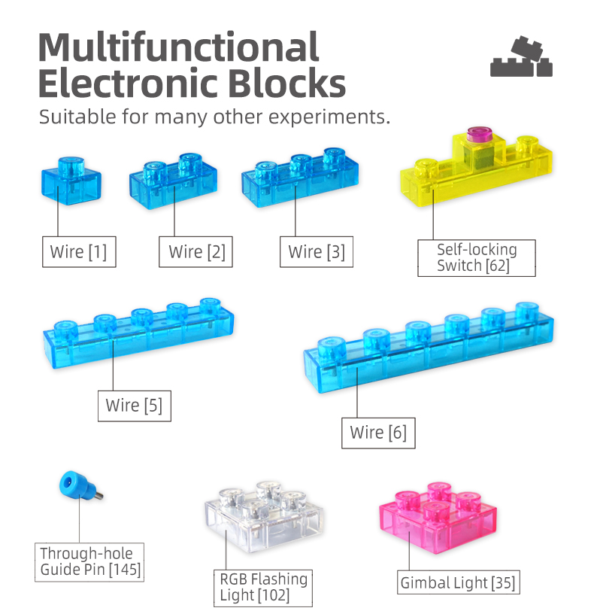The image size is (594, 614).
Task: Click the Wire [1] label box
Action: pos(79,252)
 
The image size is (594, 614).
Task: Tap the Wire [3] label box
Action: pos(316,252)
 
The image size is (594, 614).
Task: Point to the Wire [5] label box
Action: pos(134,406)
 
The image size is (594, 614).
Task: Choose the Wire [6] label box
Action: pos(378,433)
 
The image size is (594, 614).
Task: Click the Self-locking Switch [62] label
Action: pos(476,257)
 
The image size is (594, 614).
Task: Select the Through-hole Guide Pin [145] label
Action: pos(90,562)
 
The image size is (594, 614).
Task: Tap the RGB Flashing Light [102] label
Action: pos(263,588)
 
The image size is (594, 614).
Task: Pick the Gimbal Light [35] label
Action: pos(458,582)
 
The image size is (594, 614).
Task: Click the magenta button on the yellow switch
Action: pos(478,135)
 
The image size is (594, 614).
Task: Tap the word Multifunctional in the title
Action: pos(178,48)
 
